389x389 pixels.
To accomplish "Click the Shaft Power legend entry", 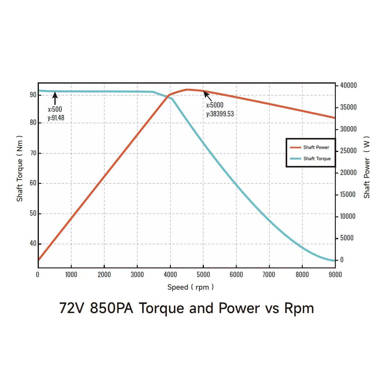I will pos(310,147).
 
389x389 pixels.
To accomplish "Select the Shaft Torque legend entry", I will pos(310,159).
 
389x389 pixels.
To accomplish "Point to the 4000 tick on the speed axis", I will pos(170,275).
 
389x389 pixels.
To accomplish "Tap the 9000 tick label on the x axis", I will pos(335,275).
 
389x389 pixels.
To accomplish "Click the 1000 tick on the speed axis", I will pos(71,275).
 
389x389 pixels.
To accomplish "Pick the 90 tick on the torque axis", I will pos(33,95).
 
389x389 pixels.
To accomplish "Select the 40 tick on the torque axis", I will pos(33,243).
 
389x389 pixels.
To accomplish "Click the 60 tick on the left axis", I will pos(33,183).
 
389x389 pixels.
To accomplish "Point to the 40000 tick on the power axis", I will pos(348,86).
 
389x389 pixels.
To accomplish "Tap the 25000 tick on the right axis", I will pos(348,151).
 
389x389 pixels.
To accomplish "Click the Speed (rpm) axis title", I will pos(190,287).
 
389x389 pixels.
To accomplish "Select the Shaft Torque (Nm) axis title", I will pos(20,169).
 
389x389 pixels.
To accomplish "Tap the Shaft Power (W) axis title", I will pos(367,167).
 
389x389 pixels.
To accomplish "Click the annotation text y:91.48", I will pos(56,118).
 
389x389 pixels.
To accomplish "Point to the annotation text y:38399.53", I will pos(220,114).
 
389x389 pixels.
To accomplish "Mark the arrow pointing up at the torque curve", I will pos(55,98).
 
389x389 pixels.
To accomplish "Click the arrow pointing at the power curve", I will pos(208,96).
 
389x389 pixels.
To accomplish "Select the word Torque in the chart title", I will pos(161,308).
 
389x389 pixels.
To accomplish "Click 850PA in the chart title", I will pos(112,308).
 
